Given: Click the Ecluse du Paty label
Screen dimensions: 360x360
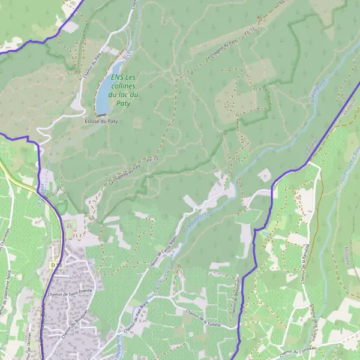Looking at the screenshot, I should tap(97, 121).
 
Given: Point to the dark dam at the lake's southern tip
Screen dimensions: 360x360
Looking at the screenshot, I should tap(102, 113).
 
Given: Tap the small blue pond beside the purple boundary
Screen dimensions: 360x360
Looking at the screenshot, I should tap(263, 229).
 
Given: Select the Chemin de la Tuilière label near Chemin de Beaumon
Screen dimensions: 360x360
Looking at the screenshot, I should tap(203, 317).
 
